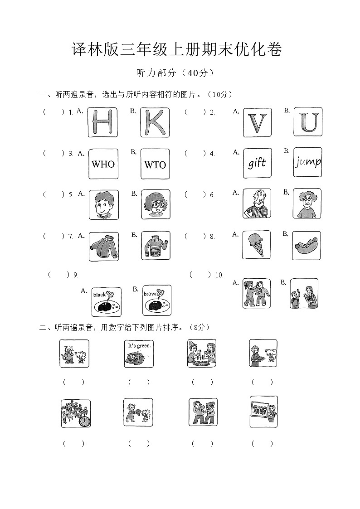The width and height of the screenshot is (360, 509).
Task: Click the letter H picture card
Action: [103, 122]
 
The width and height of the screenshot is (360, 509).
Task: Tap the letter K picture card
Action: [155, 122]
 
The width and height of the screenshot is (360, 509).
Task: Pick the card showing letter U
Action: [308, 121]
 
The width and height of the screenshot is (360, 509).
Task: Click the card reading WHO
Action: [103, 164]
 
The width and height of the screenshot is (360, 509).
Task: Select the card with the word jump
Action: [308, 162]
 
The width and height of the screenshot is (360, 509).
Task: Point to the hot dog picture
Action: [307, 245]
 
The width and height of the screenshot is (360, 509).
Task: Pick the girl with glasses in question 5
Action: [156, 204]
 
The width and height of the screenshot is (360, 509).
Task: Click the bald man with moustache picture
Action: [257, 204]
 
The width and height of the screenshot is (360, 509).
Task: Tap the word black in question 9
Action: [99, 295]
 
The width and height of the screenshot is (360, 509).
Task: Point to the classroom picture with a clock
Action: [75, 413]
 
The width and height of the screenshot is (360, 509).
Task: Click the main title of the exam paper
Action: [177, 50]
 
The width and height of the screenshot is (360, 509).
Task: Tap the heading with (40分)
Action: [175, 73]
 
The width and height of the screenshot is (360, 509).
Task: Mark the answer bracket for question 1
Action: [54, 112]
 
